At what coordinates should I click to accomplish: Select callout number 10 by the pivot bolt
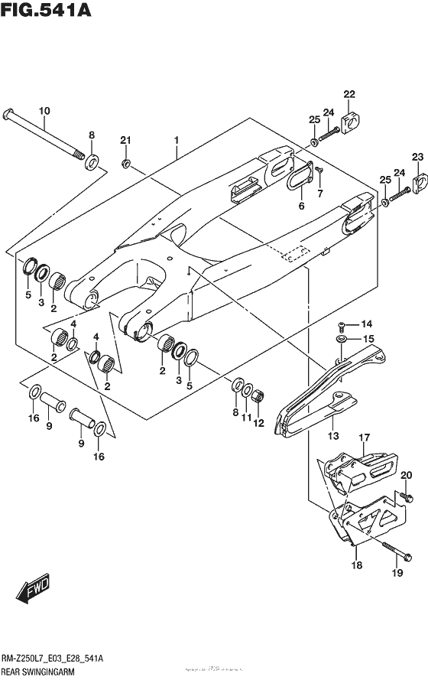click(44, 112)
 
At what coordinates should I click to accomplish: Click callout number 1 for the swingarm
click(176, 141)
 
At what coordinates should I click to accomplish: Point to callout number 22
click(349, 94)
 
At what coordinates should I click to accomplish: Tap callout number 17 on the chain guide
click(365, 438)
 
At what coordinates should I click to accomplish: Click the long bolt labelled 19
click(389, 548)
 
